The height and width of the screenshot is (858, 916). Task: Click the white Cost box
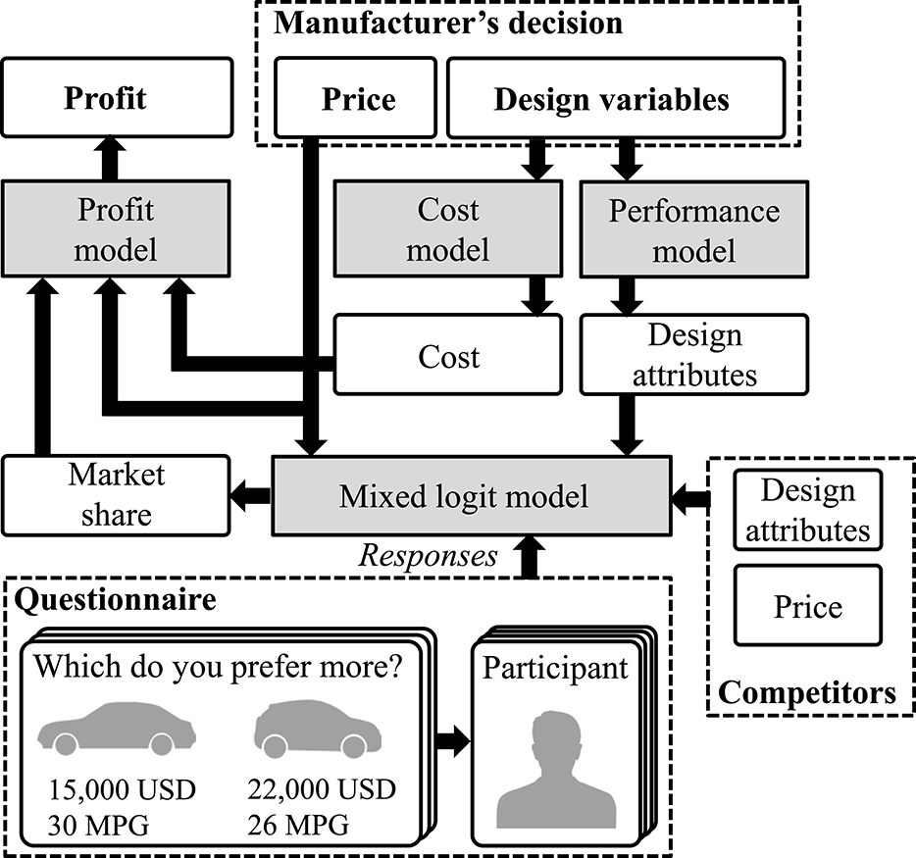click(448, 355)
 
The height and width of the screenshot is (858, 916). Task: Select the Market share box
click(116, 494)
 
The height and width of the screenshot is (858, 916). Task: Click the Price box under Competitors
click(808, 608)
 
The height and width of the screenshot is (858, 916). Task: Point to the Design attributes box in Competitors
click(808, 510)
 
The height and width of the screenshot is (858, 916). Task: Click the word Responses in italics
click(427, 556)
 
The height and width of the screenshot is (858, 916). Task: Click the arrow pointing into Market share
click(250, 495)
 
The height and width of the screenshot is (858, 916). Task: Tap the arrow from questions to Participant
click(451, 741)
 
